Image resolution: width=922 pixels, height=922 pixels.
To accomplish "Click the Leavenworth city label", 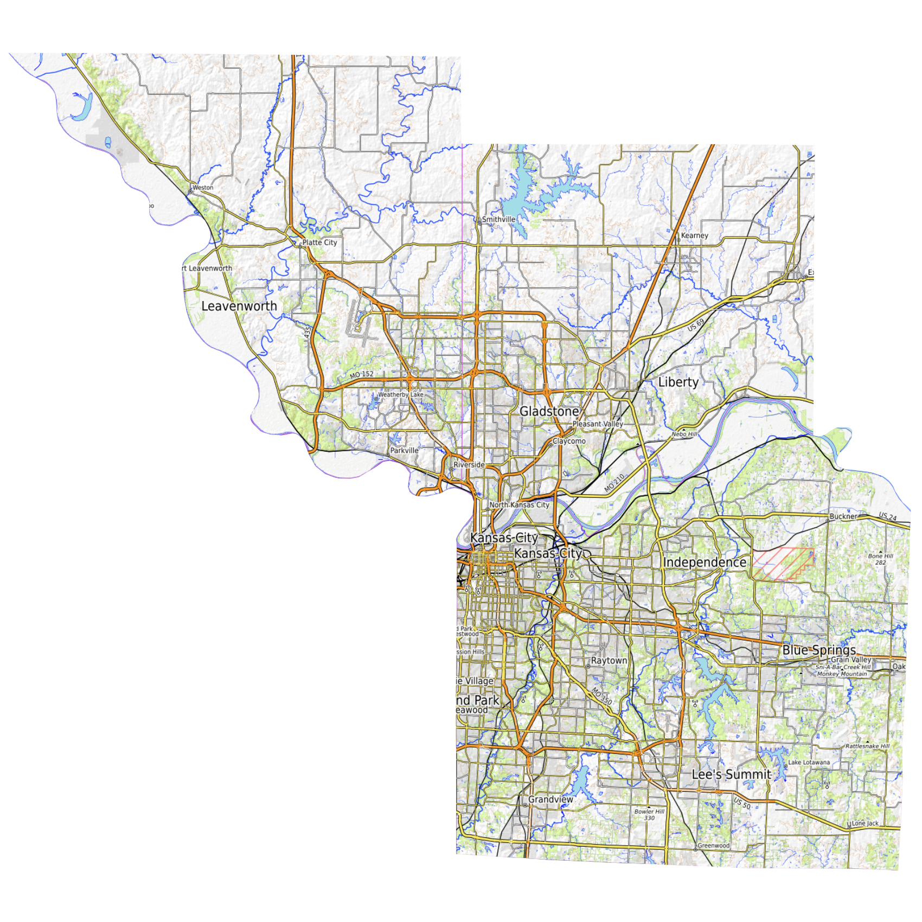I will pyautogui.click(x=239, y=306).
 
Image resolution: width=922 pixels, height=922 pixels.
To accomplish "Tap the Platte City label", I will pyautogui.click(x=319, y=242).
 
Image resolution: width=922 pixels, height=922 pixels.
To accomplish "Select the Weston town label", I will pyautogui.click(x=203, y=188).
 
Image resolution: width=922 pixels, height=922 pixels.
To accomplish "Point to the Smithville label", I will pyautogui.click(x=498, y=219).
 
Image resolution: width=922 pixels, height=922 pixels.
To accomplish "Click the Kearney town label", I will pyautogui.click(x=694, y=235).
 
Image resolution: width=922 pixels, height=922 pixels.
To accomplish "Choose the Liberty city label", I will pyautogui.click(x=678, y=382).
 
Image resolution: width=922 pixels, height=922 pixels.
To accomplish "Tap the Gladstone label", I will pyautogui.click(x=549, y=411).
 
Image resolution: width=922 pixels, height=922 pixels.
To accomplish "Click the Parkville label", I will pyautogui.click(x=404, y=450).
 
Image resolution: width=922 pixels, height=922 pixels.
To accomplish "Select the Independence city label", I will pyautogui.click(x=704, y=562).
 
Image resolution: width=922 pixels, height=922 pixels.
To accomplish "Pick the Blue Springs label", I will pyautogui.click(x=818, y=650).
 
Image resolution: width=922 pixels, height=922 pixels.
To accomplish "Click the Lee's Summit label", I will pyautogui.click(x=731, y=774).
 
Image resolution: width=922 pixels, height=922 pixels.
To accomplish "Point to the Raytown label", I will pyautogui.click(x=609, y=661).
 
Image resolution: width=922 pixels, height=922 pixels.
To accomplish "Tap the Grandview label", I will pyautogui.click(x=550, y=799).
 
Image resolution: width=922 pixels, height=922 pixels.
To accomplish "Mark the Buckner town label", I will pyautogui.click(x=843, y=516).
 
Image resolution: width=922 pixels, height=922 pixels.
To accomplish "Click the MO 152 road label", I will pyautogui.click(x=361, y=375).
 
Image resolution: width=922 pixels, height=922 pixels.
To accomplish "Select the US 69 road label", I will pyautogui.click(x=696, y=324).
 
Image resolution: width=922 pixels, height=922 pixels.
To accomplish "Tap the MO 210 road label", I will pyautogui.click(x=614, y=483).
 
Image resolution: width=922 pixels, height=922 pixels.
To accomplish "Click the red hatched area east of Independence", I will pyautogui.click(x=781, y=564).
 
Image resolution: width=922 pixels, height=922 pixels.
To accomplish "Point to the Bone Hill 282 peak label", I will pyautogui.click(x=880, y=559).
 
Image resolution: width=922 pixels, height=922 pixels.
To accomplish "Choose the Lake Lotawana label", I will pyautogui.click(x=809, y=763).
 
